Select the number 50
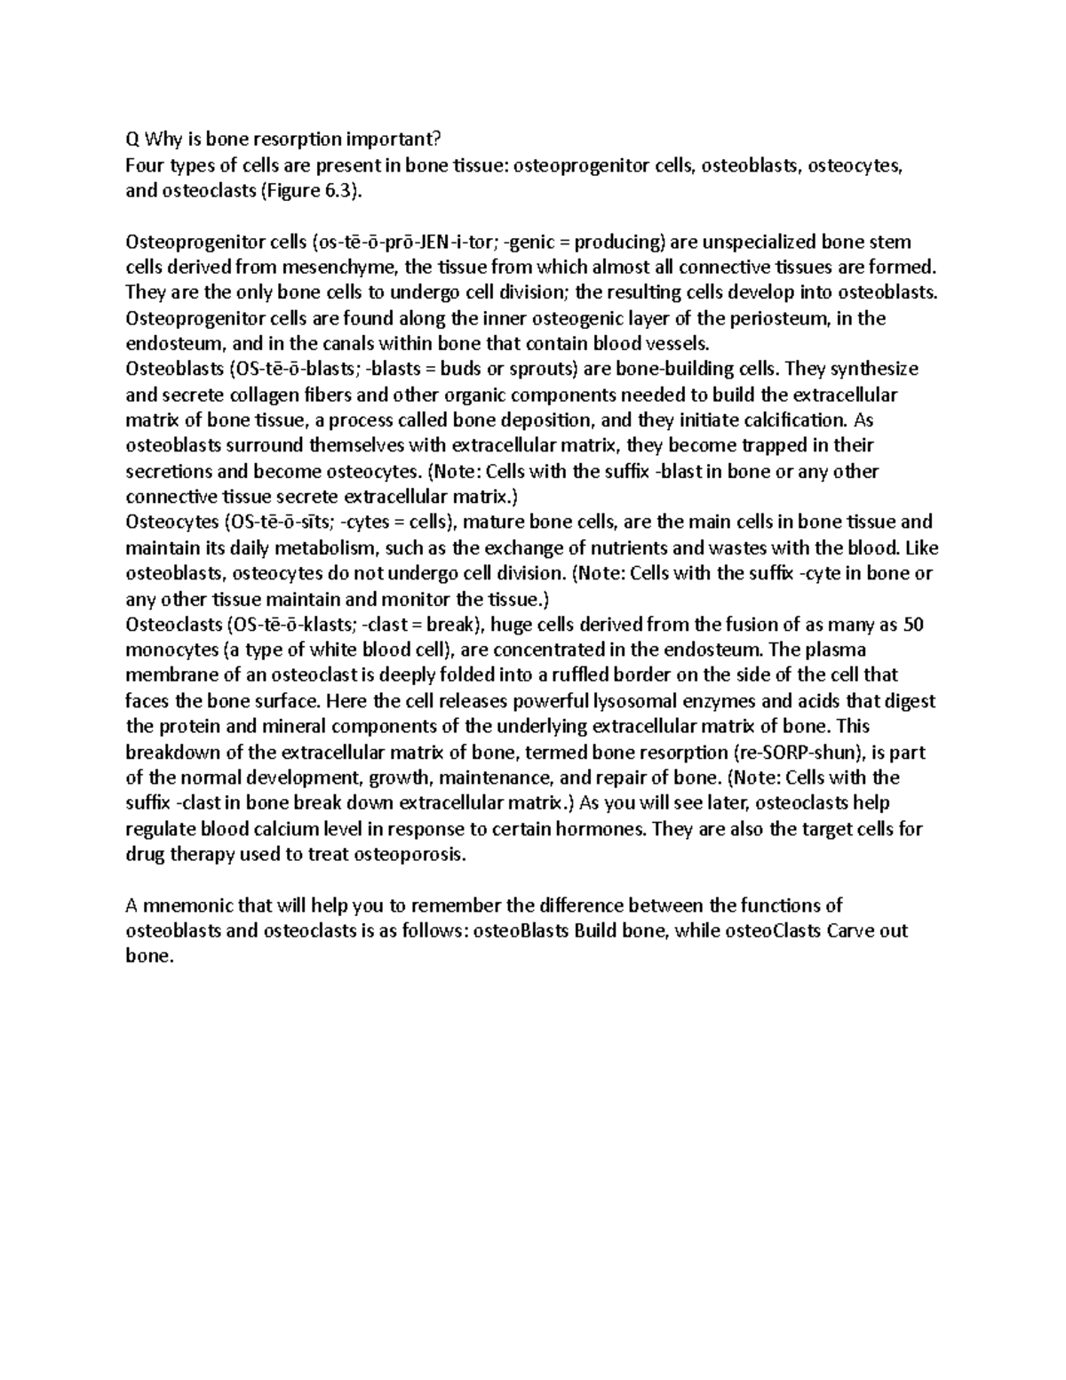[x=913, y=625]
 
